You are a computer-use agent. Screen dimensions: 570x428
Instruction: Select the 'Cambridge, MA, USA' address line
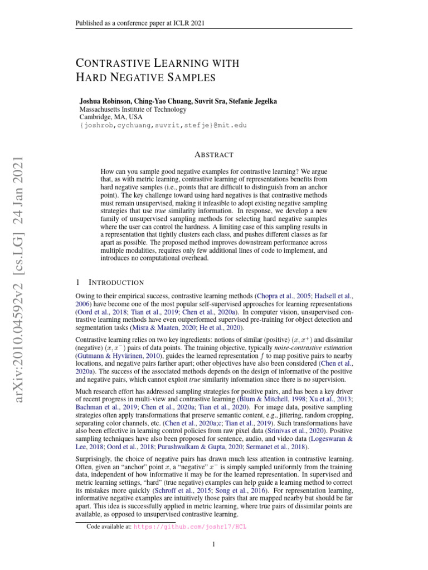point(111,117)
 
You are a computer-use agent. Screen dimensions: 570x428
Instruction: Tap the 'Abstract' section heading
point(214,155)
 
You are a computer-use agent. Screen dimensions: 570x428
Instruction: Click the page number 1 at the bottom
point(214,544)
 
